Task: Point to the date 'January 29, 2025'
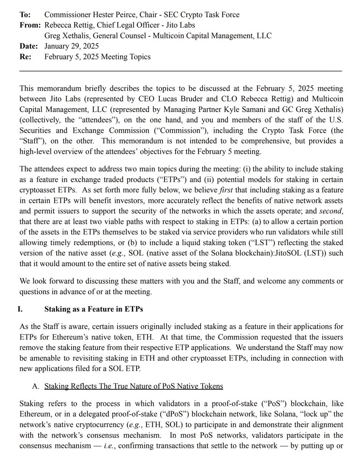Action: pyautogui.click(x=71, y=46)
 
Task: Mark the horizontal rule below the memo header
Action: pyautogui.click(x=181, y=71)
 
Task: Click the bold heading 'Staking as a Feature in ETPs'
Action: pyautogui.click(x=94, y=309)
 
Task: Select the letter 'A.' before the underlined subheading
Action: pyautogui.click(x=36, y=386)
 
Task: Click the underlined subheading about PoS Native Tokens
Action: pyautogui.click(x=134, y=386)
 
